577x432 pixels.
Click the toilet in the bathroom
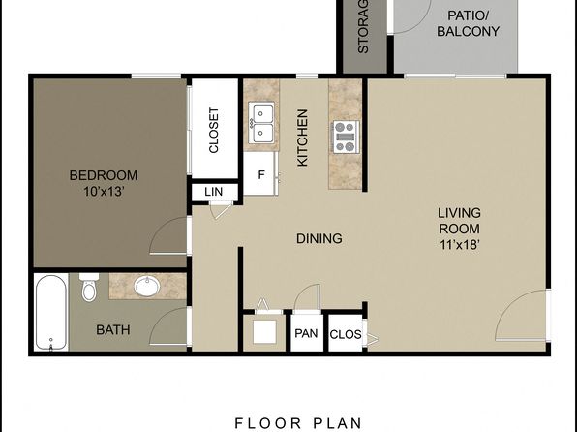click(x=89, y=287)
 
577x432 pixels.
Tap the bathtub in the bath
click(x=51, y=312)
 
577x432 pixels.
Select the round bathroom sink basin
click(x=147, y=286)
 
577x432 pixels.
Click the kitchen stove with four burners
click(x=346, y=137)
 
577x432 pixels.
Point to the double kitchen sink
click(x=261, y=123)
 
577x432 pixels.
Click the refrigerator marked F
click(x=261, y=173)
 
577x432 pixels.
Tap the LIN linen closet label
click(x=213, y=192)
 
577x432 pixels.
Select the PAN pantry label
click(x=306, y=333)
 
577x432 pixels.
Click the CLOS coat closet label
click(x=346, y=334)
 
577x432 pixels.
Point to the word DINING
click(x=319, y=238)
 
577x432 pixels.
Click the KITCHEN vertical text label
click(x=302, y=138)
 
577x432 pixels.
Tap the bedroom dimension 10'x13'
click(x=103, y=192)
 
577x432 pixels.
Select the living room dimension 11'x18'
click(x=459, y=244)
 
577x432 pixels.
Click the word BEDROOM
click(x=104, y=175)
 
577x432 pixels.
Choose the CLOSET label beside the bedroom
click(x=213, y=130)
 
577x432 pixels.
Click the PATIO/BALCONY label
click(x=468, y=23)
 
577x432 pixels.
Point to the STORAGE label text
click(x=363, y=26)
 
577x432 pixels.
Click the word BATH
click(x=113, y=329)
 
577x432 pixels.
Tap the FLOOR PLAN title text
click(x=298, y=423)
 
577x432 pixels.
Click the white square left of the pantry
click(x=264, y=331)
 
